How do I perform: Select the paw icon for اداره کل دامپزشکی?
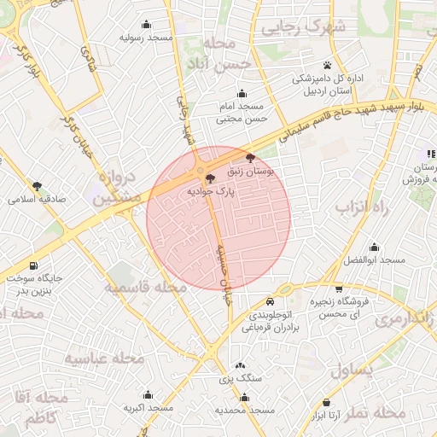[328, 65]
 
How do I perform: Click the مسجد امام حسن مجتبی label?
[241, 112]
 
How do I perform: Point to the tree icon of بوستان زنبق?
[249, 158]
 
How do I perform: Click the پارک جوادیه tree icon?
[210, 178]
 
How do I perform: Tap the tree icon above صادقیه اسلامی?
[37, 185]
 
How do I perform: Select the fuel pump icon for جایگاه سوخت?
[33, 265]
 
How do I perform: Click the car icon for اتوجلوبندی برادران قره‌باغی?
[271, 301]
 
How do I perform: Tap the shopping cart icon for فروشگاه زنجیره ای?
[340, 288]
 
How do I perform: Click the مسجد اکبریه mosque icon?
[148, 395]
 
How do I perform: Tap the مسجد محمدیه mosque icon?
[245, 397]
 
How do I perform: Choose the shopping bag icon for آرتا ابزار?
[327, 402]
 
